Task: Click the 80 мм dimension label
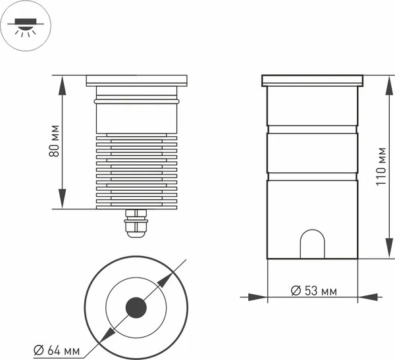(55, 140)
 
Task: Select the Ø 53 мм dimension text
(313, 291)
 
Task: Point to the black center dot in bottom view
(136, 307)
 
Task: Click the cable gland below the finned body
(136, 223)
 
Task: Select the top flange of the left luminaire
(136, 80)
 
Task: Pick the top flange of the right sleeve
(313, 80)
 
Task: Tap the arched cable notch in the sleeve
(312, 245)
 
